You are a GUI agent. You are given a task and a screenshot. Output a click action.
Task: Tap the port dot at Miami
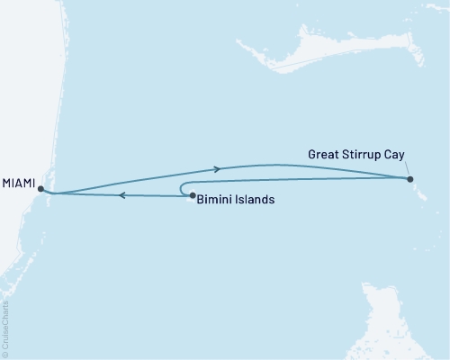(40, 188)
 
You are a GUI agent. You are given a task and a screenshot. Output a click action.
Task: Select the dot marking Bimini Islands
(192, 194)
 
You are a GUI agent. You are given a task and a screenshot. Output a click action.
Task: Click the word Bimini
(215, 200)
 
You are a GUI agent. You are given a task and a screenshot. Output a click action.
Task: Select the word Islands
(255, 200)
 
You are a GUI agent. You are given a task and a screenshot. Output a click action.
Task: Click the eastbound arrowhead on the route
(216, 168)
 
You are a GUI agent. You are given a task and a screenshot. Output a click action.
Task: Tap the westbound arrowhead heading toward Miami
(122, 194)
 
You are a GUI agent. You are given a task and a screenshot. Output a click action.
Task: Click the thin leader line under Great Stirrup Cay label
(406, 167)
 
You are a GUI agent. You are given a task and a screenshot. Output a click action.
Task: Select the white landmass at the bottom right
(396, 324)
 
